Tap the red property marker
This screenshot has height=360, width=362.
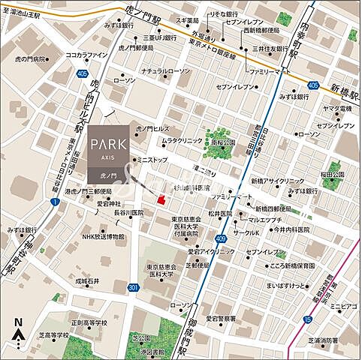(x=160, y=198)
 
